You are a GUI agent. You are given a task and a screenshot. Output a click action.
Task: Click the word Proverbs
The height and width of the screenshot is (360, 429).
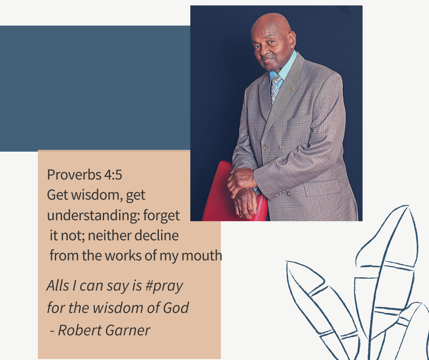[x=74, y=175]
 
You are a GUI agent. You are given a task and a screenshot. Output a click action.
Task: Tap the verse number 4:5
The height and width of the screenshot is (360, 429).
[x=113, y=175]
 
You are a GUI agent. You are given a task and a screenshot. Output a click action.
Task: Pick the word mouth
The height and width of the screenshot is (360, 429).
[x=202, y=256]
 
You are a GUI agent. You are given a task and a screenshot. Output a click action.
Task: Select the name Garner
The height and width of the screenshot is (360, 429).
[x=127, y=330]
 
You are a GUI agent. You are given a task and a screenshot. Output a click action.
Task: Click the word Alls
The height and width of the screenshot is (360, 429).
[x=58, y=286]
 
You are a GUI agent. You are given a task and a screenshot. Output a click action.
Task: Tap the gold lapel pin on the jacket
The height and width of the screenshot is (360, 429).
[x=292, y=89]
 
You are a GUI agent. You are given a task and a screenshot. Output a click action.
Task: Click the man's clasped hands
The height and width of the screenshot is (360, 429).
[x=242, y=192]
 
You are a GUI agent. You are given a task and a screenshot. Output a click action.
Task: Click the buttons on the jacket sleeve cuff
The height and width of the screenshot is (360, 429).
[x=284, y=193]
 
